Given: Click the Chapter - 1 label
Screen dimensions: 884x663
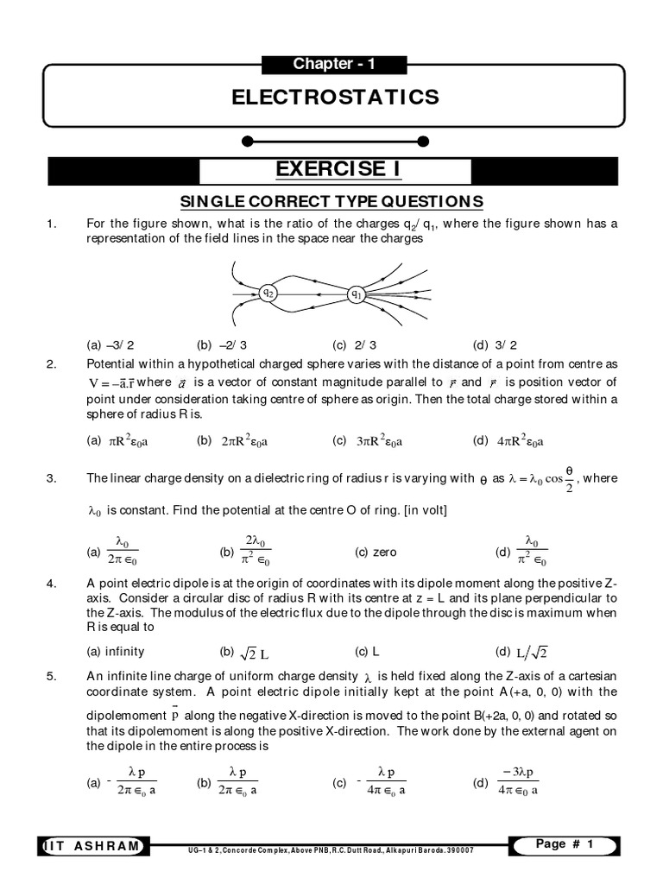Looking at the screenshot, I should pos(333,64).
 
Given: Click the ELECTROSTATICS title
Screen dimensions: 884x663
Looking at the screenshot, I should pos(335,97).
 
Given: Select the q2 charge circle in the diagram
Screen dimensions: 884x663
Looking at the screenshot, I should pos(268,293).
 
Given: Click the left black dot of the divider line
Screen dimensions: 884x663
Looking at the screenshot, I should pos(248,141).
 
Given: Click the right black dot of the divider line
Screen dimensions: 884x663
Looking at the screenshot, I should pos(422,141).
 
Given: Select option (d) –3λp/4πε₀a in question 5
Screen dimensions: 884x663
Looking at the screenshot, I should pos(508,782).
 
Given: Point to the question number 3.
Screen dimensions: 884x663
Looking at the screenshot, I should pos(51,477).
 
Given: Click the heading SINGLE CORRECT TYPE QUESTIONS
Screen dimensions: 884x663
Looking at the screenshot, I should pos(331,202).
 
